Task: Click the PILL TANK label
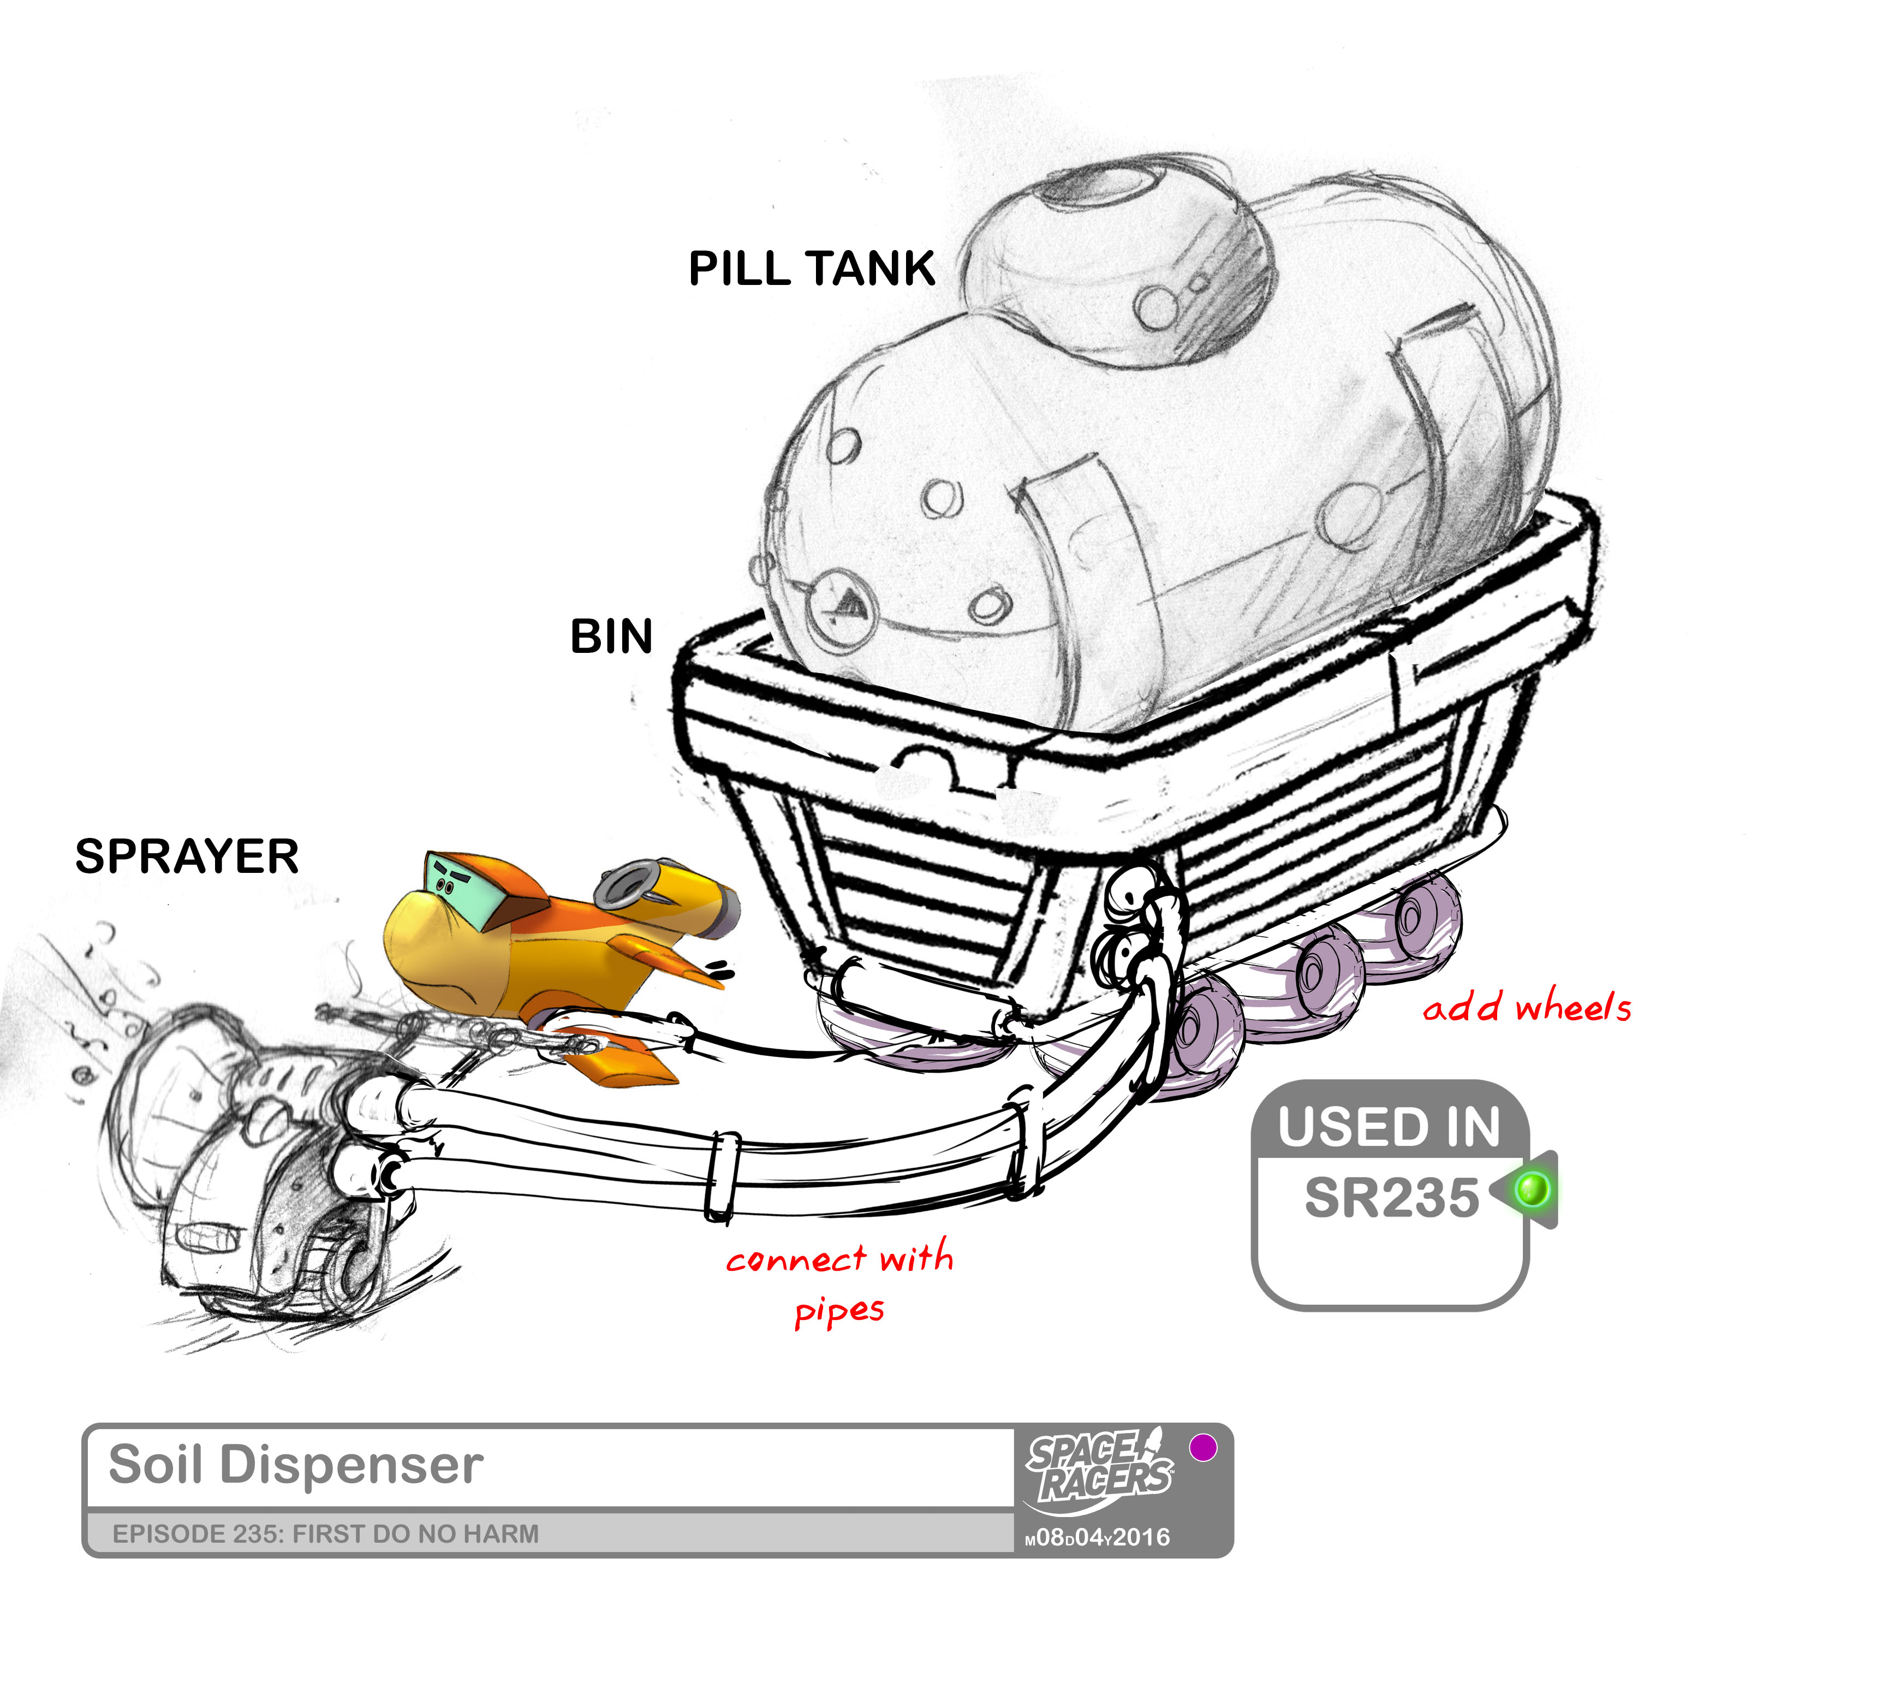811,269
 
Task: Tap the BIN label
611,637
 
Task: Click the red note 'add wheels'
1527,1007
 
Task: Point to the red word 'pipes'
839,1311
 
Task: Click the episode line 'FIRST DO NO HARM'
325,1534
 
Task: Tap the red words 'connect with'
839,1258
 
